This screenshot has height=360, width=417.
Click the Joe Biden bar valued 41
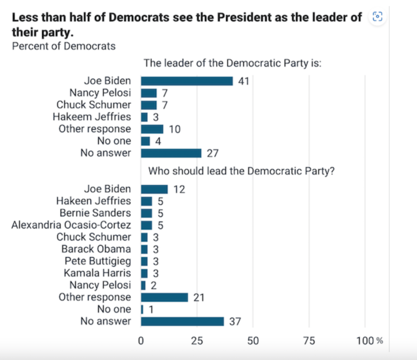tap(187, 81)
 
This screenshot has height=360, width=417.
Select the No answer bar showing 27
tap(171, 153)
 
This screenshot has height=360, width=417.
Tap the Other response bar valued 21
tap(164, 297)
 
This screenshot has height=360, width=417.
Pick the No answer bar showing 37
tap(182, 321)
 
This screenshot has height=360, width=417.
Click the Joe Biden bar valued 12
tap(154, 189)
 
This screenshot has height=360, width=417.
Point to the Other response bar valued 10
tap(152, 129)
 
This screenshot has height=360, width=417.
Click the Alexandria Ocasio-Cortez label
tap(71, 225)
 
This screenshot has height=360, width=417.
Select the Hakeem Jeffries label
tap(92, 117)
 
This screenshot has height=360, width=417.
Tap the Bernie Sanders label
tap(95, 213)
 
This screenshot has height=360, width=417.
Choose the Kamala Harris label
tap(97, 273)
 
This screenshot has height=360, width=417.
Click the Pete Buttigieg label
tap(98, 261)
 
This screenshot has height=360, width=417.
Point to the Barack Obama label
tap(96, 249)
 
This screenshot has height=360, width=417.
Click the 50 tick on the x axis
tap(253, 341)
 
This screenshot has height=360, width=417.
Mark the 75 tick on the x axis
tap(309, 341)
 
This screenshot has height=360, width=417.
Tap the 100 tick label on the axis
tap(365, 341)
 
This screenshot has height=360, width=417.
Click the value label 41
tap(244, 81)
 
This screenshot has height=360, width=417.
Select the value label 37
tap(235, 321)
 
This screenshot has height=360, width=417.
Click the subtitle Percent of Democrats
tap(64, 46)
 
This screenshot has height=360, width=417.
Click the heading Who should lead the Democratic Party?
tap(241, 171)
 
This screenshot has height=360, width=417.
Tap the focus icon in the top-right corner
tap(377, 16)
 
